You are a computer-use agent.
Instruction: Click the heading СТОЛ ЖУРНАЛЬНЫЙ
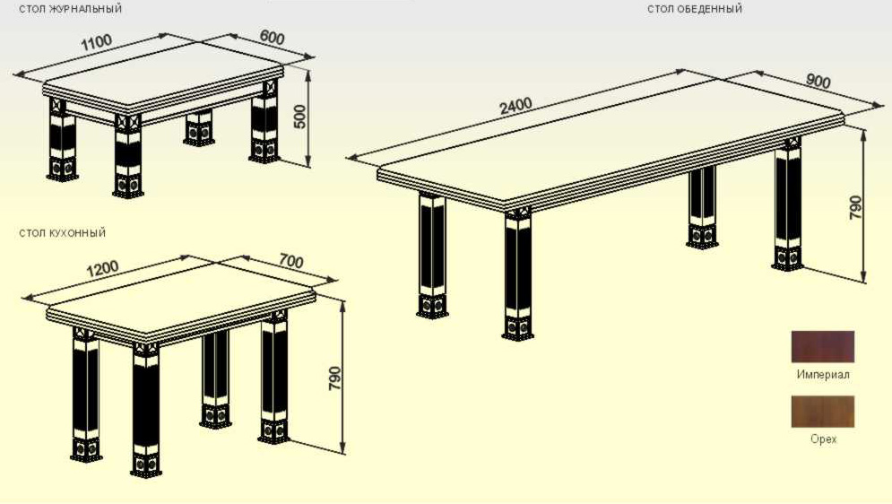[70, 9]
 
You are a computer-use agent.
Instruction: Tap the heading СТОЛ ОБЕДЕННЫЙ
[695, 9]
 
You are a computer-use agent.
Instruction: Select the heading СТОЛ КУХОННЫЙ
[62, 233]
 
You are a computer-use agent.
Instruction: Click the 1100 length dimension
[96, 42]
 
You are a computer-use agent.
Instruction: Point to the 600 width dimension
[272, 37]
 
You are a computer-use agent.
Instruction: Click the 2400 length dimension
[515, 105]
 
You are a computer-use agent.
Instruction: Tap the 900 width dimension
[818, 82]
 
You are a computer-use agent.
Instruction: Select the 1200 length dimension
[102, 268]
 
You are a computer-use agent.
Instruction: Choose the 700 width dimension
[290, 261]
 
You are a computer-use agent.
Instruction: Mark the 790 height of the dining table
[854, 208]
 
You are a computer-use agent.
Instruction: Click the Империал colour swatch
[823, 346]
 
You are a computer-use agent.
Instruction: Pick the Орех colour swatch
[823, 412]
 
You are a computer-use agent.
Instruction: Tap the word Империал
[823, 374]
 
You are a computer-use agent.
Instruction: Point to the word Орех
[823, 439]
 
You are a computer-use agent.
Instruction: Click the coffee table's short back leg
[198, 128]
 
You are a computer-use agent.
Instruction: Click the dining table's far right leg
[787, 204]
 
